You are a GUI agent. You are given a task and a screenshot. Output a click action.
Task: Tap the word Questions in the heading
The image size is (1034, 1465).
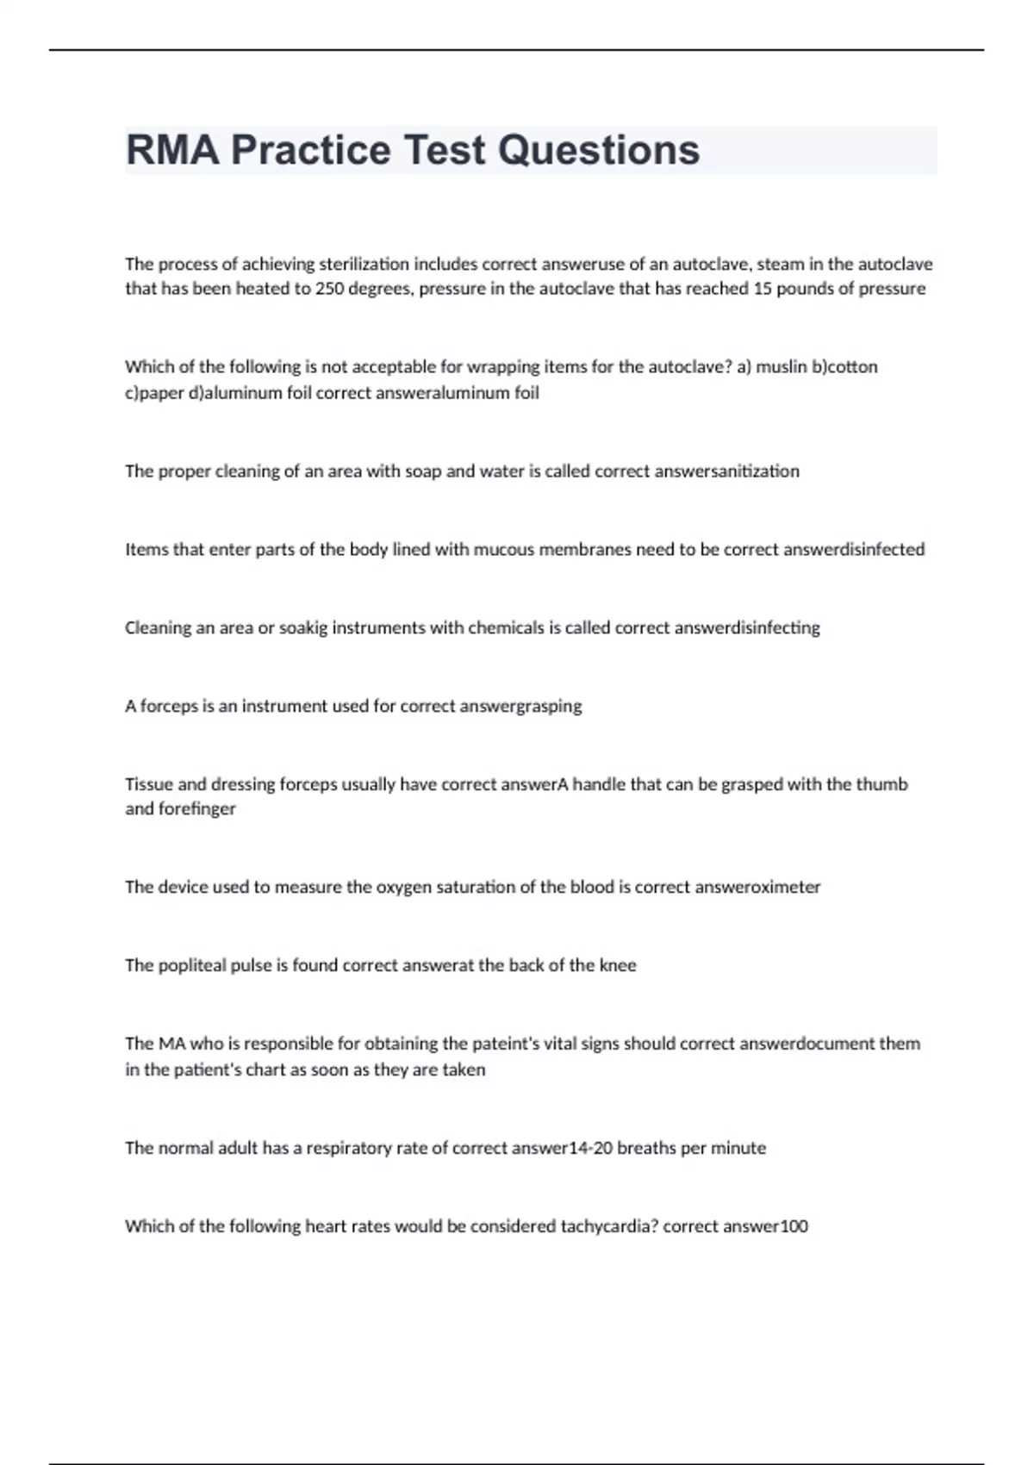click(x=599, y=150)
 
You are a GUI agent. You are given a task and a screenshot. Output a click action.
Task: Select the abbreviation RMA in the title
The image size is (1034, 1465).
click(x=172, y=150)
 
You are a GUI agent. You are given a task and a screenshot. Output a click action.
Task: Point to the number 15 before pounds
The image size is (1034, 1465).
click(x=763, y=289)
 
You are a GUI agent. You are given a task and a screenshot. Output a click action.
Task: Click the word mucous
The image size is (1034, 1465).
click(x=503, y=550)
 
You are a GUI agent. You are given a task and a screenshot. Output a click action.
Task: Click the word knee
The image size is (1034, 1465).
click(x=618, y=966)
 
